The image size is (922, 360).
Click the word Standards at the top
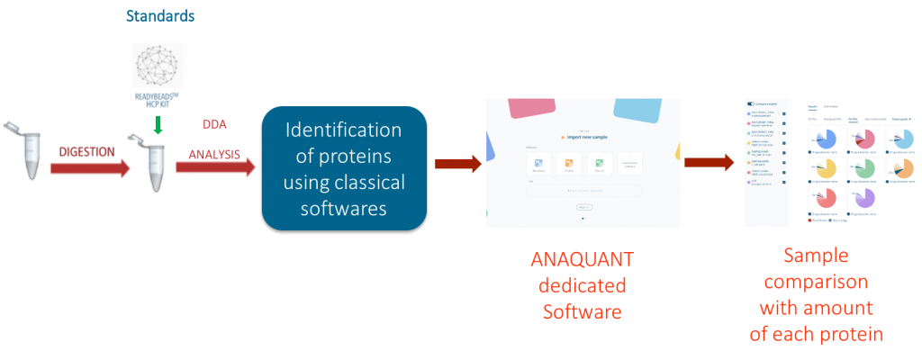160,16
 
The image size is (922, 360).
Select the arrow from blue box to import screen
457,163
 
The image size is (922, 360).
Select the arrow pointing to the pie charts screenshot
707,163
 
